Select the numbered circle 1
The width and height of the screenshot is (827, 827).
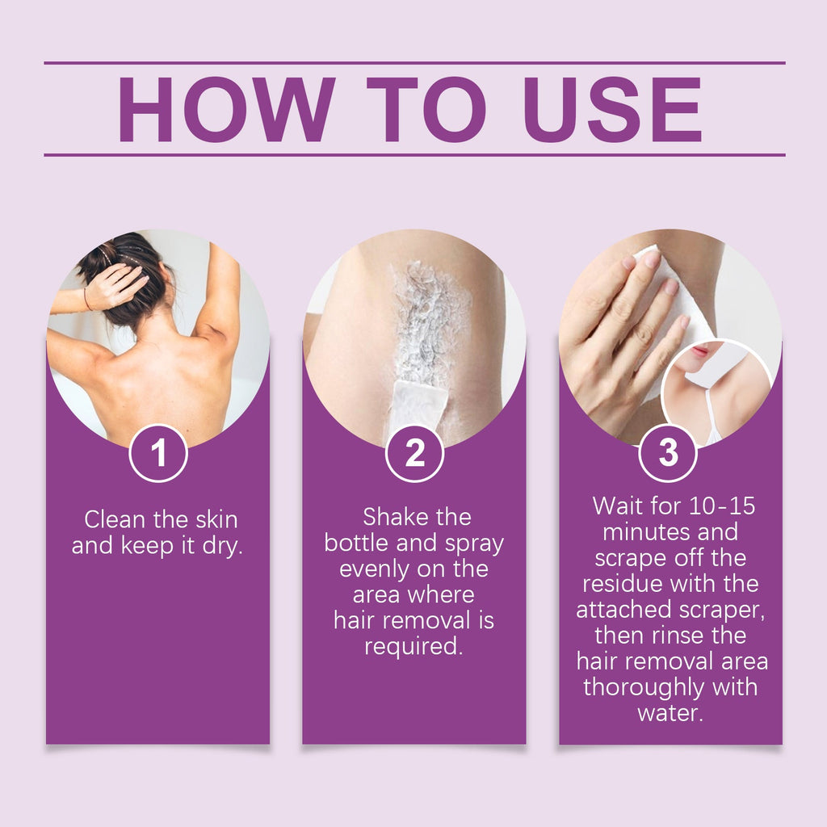tap(158, 453)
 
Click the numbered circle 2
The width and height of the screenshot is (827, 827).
tap(414, 453)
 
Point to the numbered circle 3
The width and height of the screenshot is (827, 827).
tap(668, 453)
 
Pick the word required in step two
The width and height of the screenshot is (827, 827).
tap(413, 647)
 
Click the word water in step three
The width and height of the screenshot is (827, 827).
tap(670, 713)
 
